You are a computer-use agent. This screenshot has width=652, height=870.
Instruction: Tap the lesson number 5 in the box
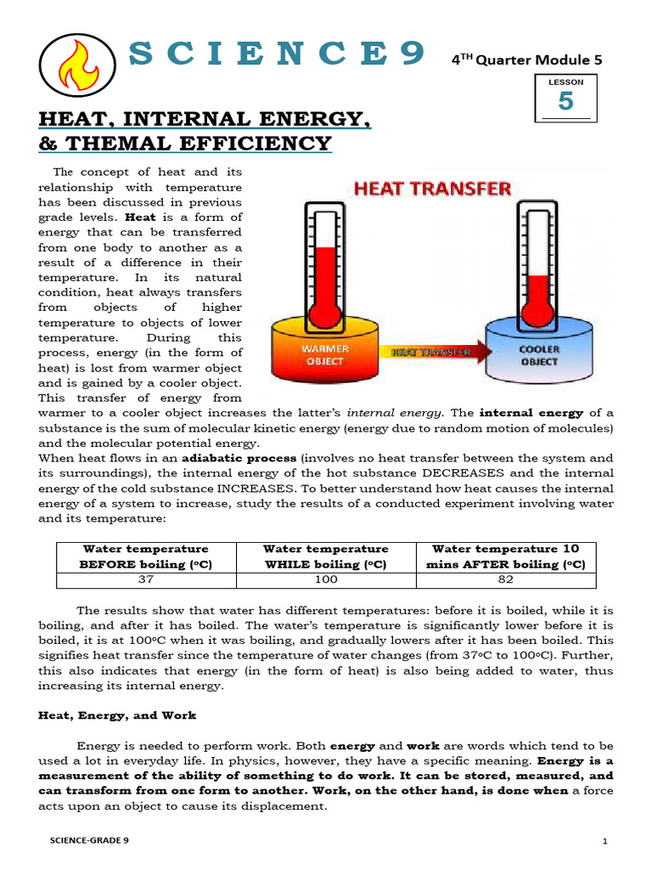(565, 101)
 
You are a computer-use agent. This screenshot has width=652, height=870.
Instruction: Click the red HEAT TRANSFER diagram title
(432, 189)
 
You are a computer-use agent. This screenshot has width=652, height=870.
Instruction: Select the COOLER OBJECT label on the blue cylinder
(539, 355)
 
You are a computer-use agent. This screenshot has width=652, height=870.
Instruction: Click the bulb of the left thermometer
(323, 314)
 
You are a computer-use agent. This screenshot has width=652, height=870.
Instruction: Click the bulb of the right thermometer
(537, 315)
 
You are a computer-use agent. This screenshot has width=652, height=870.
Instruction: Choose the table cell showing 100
(325, 579)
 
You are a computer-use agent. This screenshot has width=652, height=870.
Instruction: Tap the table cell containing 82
(505, 579)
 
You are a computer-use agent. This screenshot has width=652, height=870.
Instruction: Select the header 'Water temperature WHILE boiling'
(325, 556)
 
